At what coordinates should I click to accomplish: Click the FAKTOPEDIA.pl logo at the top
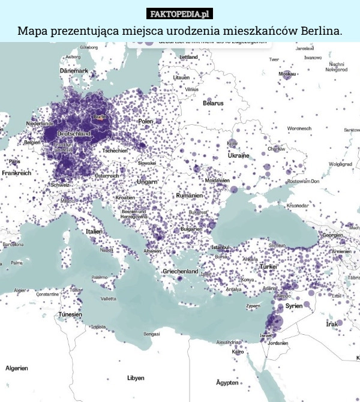point(180,13)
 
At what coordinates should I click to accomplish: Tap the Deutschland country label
point(74,133)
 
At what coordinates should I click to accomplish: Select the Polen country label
point(146,121)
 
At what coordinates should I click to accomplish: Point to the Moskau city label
point(287,74)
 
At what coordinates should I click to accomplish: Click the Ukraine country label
point(238,155)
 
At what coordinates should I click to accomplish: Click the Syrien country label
point(294,305)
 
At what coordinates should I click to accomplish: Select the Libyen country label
point(135,378)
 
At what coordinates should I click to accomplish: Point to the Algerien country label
point(17,368)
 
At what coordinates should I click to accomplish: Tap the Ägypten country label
point(228,382)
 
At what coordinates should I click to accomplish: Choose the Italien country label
point(94,231)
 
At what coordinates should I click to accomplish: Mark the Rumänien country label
point(190,196)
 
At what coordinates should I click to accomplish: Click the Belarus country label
point(213,103)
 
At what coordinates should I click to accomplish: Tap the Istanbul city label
point(220,247)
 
